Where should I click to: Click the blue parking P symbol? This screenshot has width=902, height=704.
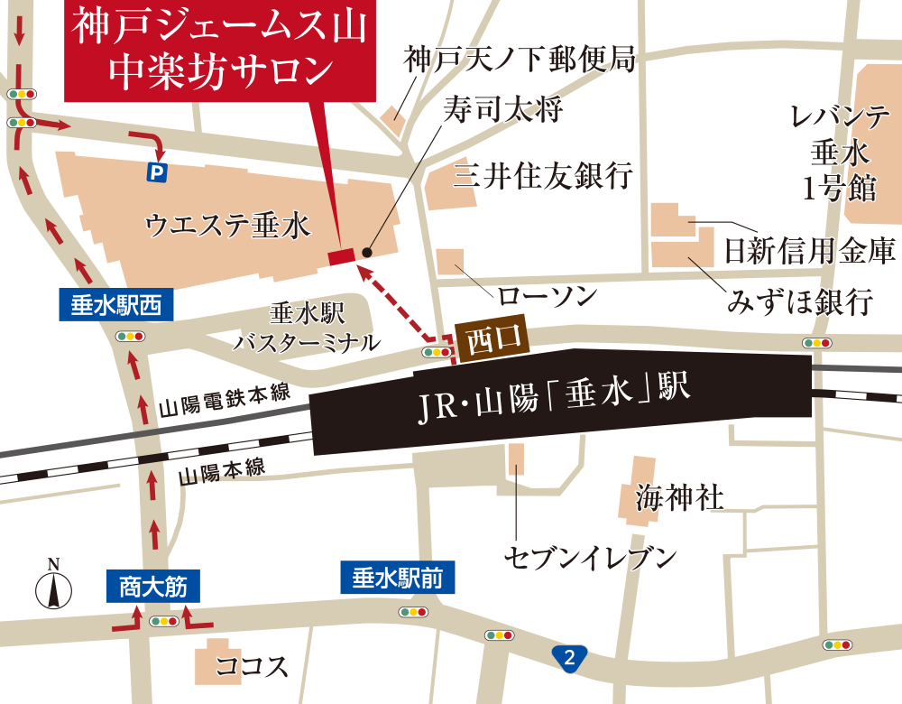click(x=158, y=170)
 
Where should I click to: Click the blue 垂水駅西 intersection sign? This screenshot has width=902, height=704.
click(x=115, y=306)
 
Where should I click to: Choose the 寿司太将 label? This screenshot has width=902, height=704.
click(x=503, y=110)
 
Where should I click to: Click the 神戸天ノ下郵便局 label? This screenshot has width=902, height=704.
click(x=520, y=61)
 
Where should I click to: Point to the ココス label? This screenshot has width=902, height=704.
click(x=253, y=667)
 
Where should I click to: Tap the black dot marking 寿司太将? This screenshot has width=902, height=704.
click(x=366, y=252)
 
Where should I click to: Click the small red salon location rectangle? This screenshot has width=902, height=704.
click(x=342, y=257)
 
